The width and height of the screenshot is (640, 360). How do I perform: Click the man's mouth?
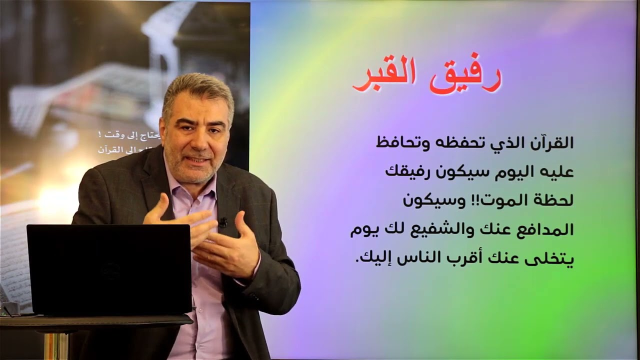198,161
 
